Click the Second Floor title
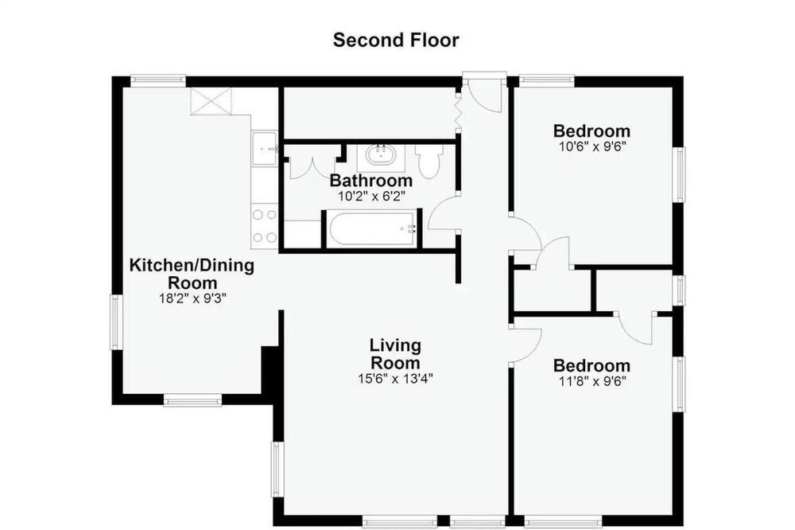pos(396,40)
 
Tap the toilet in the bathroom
pos(429,161)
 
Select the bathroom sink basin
pos(381,155)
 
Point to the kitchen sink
pos(264,148)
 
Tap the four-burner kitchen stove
pos(264,226)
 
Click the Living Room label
pos(395,354)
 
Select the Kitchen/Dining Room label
pos(192,274)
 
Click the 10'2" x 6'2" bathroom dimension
pos(371,196)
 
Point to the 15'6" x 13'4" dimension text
pos(395,379)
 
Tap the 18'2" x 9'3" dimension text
pos(192,298)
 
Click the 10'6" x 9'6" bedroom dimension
pos(591,146)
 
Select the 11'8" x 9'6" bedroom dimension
pos(592,381)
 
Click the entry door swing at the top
pos(485,95)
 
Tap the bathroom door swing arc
pos(442,213)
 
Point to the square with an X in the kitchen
pos(211,101)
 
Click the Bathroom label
pos(371,180)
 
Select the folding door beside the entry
pos(459,113)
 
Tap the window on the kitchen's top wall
pos(158,80)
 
